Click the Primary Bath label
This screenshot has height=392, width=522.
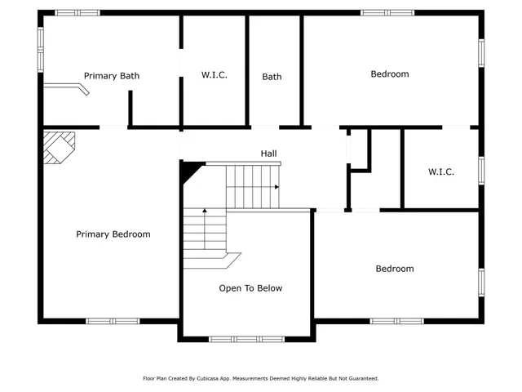(x=112, y=76)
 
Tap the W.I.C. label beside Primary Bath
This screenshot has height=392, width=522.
(x=214, y=75)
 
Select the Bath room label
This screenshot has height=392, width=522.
(x=272, y=77)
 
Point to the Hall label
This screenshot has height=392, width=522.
(x=268, y=154)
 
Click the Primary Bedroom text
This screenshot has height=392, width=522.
(x=113, y=234)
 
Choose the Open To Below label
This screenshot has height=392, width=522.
(x=250, y=288)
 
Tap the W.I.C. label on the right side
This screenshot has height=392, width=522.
(x=440, y=171)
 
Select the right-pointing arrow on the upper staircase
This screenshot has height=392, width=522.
(x=276, y=187)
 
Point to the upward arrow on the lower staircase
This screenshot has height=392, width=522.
(x=204, y=212)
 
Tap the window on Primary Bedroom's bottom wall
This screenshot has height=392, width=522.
(x=113, y=321)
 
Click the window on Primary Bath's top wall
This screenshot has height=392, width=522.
(x=77, y=12)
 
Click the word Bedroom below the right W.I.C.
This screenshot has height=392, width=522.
(x=394, y=269)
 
